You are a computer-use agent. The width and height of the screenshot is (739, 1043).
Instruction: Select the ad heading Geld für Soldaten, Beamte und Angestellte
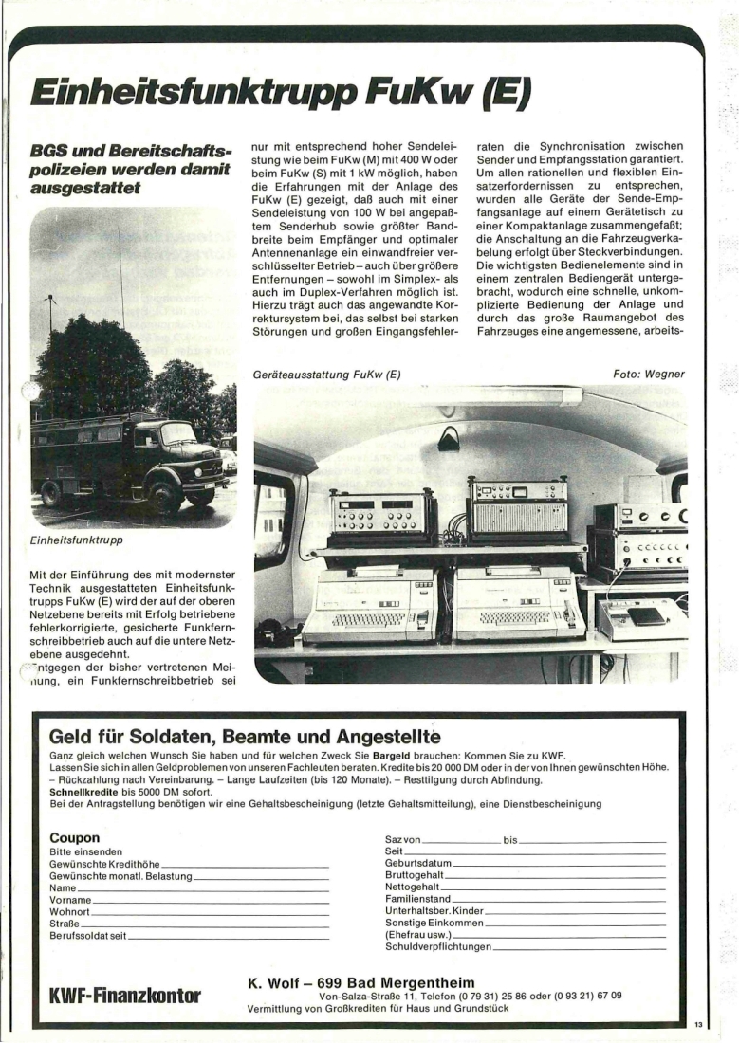(246, 737)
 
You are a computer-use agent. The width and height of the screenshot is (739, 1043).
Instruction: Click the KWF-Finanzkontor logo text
(124, 995)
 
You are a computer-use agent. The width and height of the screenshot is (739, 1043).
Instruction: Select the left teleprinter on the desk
(366, 605)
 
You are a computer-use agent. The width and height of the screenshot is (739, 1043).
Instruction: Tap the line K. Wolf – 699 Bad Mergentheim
(360, 980)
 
